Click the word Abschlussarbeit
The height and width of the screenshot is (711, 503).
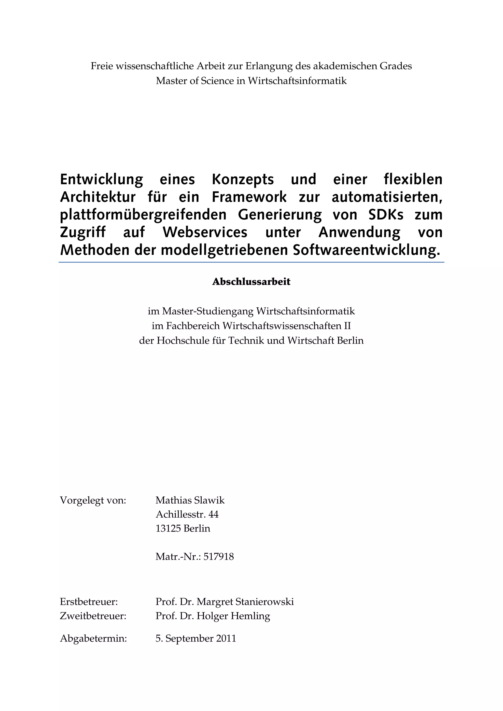251,282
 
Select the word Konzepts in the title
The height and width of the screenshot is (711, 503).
243,179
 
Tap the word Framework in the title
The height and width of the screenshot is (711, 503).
249,197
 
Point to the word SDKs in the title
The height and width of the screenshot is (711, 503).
386,215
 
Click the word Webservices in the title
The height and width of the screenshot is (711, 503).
205,232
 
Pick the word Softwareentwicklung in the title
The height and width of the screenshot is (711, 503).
366,250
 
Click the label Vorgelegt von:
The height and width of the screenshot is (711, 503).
93,500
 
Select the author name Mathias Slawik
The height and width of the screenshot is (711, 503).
190,500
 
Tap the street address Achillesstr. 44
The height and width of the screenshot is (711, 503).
187,514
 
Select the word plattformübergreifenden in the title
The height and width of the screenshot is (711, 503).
143,215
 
